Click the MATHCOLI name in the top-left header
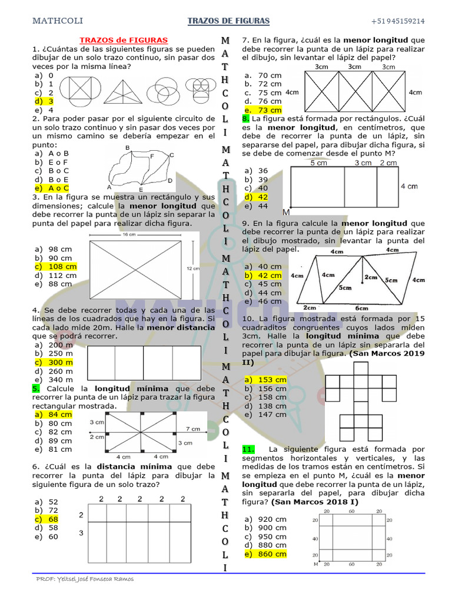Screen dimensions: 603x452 tap(57, 21)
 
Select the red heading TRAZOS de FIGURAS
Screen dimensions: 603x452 tap(124, 40)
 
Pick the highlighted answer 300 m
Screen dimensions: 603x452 tap(61, 363)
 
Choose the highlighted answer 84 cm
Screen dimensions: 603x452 tap(60, 415)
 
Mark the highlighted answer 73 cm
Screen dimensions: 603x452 tap(270, 110)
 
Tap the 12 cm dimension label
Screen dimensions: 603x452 tap(192, 268)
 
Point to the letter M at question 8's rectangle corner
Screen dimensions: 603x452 tap(287, 212)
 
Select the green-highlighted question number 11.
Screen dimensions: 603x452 tap(248, 449)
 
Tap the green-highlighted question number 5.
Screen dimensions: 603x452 tap(36, 389)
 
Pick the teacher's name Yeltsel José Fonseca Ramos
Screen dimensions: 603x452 tap(85, 579)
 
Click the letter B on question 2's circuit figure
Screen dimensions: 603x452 tap(128, 147)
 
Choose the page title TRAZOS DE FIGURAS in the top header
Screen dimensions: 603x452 tap(228, 21)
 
